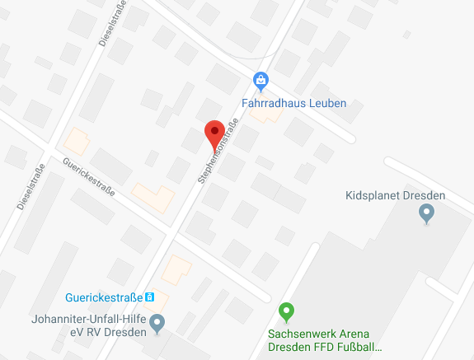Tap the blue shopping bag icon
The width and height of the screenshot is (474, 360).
260,80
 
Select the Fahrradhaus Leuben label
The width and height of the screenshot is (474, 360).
293,104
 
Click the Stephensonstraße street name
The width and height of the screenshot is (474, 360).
218,151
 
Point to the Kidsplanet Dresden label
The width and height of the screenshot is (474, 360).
395,195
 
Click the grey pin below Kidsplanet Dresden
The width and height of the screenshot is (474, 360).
426,213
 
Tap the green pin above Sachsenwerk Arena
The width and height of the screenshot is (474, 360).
286,312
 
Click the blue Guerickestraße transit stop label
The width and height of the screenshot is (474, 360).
103,297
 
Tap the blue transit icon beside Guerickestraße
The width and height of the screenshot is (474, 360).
150,297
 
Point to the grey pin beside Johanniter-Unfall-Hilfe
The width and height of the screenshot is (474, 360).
157,321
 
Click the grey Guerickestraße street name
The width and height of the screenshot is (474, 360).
88,176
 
